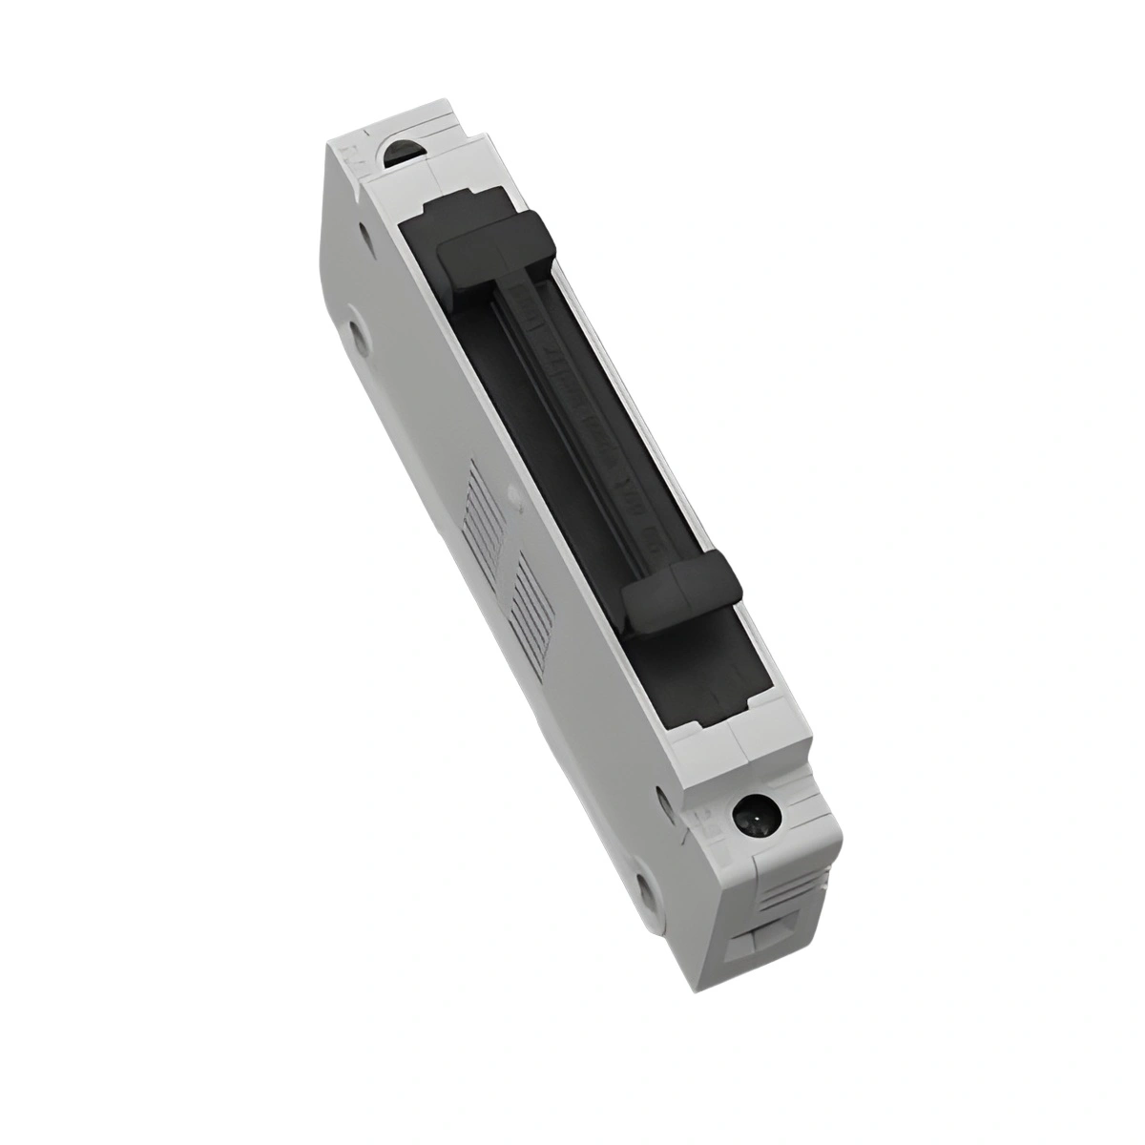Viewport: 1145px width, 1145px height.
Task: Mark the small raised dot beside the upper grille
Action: (515, 493)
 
